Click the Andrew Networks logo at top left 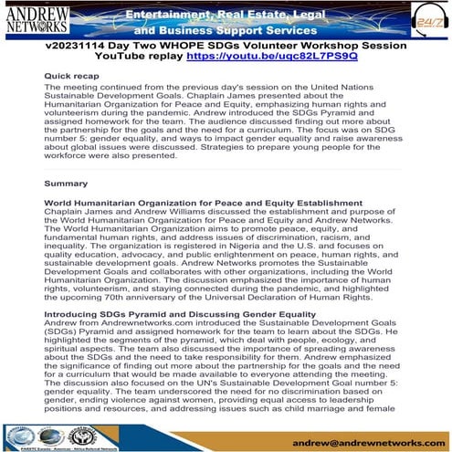point(37,19)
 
